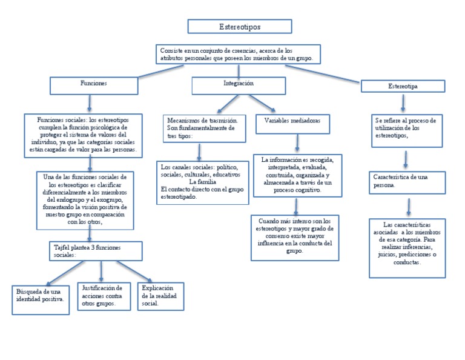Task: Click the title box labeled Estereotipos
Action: (240, 27)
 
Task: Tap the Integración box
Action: (238, 84)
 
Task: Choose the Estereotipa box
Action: (403, 87)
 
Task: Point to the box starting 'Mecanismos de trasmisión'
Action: (202, 128)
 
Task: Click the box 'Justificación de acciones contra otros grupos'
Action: (101, 295)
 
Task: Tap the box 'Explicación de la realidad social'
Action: (160, 295)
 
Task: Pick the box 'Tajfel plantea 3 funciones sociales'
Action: (96, 251)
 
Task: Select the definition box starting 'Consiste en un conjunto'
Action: (238, 55)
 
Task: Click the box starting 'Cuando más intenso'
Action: (295, 237)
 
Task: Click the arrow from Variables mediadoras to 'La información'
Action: (297, 144)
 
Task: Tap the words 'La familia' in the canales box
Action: (202, 182)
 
